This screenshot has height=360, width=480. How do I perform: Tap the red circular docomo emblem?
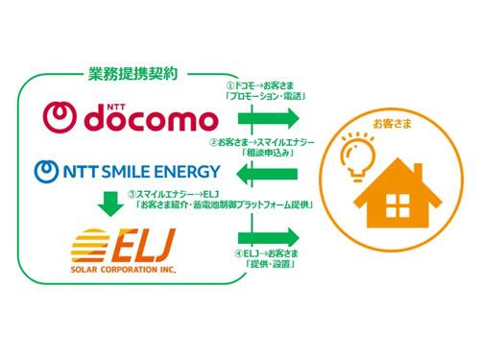pyautogui.click(x=60, y=119)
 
